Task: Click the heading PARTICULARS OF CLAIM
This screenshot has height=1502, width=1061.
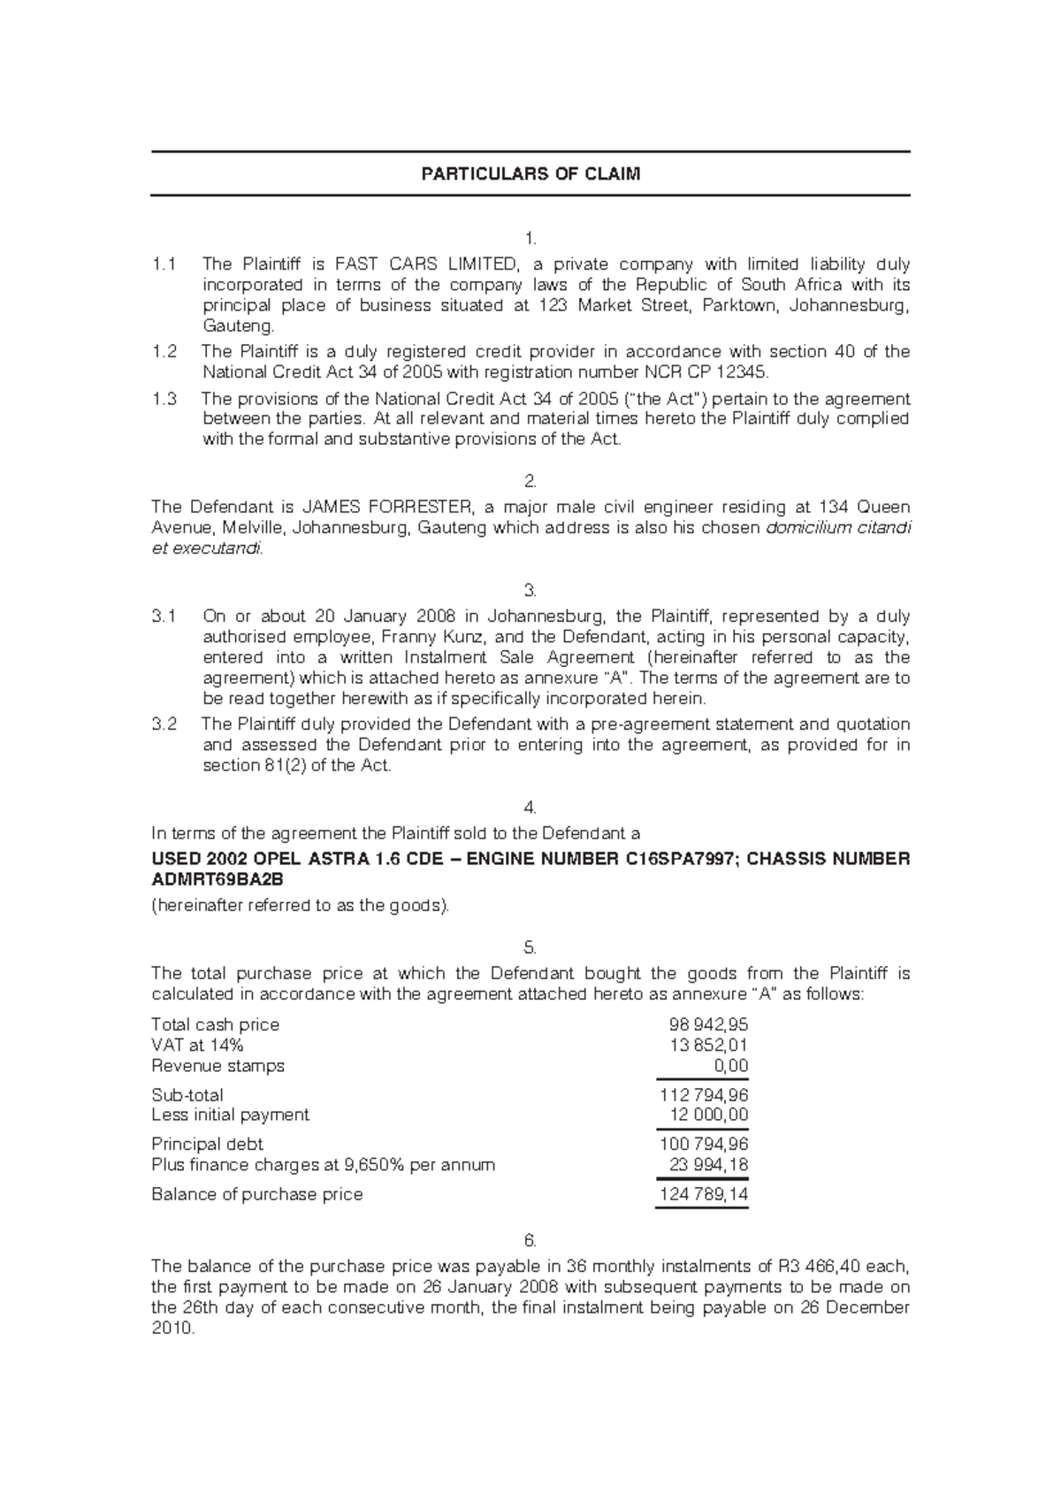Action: pyautogui.click(x=530, y=174)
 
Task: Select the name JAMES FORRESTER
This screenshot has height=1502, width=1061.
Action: pyautogui.click(x=385, y=508)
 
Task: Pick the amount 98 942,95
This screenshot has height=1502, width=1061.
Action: pyautogui.click(x=709, y=1025)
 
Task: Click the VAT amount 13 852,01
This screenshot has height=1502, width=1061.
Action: pyautogui.click(x=709, y=1046)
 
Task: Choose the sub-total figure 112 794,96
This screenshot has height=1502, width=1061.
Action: pyautogui.click(x=704, y=1095)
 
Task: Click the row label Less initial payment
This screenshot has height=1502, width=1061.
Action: pyautogui.click(x=230, y=1115)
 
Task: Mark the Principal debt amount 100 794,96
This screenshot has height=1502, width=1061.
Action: pyautogui.click(x=704, y=1145)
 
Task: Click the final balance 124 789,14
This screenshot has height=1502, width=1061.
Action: pyautogui.click(x=704, y=1195)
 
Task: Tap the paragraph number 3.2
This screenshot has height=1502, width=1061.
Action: pyautogui.click(x=164, y=724)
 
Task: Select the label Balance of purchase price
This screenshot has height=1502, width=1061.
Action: pyautogui.click(x=257, y=1195)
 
